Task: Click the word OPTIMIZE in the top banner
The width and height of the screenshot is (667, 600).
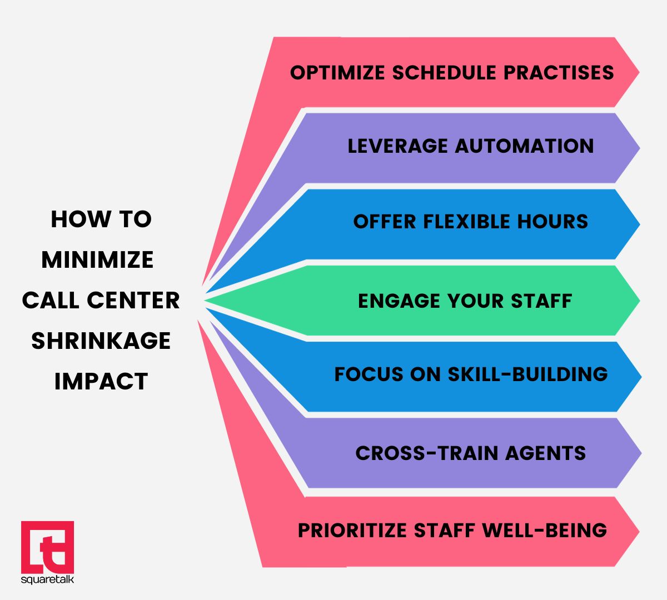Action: point(338,73)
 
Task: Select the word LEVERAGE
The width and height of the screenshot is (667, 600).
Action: point(397,146)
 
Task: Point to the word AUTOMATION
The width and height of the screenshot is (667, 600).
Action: point(525,146)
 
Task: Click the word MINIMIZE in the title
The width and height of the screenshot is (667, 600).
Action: point(97,260)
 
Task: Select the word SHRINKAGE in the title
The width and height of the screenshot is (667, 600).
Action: point(101,341)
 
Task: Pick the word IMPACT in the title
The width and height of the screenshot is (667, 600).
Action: point(101,381)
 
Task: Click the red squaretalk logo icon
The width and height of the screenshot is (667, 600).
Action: point(47,547)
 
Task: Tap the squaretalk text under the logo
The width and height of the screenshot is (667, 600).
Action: point(47,580)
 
